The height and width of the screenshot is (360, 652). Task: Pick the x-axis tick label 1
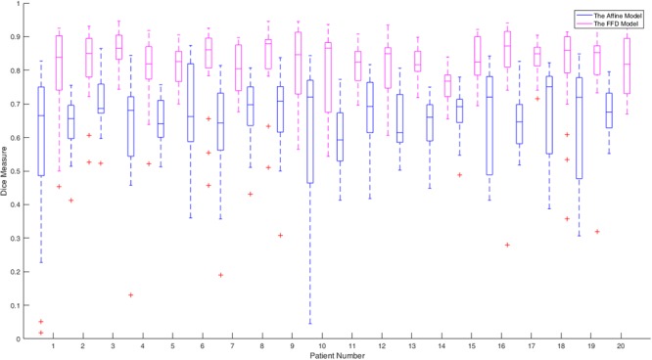(x=51, y=345)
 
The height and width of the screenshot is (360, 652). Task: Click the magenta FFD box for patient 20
(x=628, y=66)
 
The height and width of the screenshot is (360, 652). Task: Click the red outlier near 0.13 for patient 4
(x=131, y=294)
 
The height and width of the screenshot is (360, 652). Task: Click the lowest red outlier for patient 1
(x=41, y=333)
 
